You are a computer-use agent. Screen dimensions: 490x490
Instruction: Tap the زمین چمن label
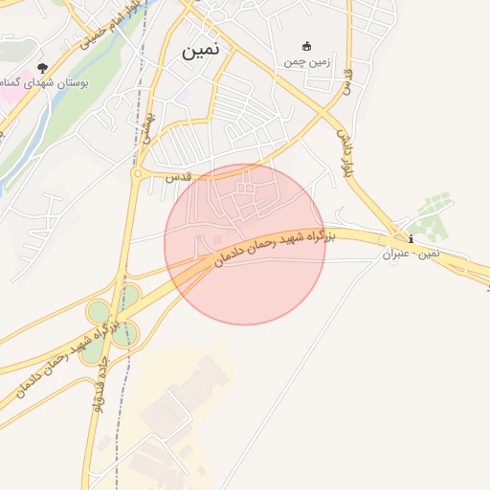307,62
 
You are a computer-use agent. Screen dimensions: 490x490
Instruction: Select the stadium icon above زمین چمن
307,46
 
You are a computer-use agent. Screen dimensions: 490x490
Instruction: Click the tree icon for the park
41,68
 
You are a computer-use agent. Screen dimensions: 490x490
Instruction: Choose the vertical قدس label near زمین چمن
348,81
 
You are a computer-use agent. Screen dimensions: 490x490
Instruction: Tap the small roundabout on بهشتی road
138,173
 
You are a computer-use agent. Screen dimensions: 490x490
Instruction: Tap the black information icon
411,238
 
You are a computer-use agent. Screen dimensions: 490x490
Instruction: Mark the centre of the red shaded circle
245,245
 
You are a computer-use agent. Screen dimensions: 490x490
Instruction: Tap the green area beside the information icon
435,220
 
